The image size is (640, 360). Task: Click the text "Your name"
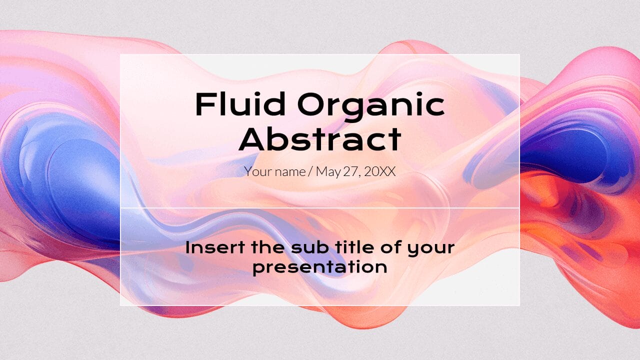[x=274, y=172]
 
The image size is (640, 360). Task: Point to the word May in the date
[x=328, y=172]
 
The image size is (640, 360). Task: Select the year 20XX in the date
[x=379, y=172]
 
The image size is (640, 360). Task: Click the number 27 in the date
[x=351, y=172]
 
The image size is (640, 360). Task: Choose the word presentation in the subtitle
[x=320, y=267]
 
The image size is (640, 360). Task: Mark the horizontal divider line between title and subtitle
[x=320, y=208]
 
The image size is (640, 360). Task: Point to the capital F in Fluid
[x=204, y=104]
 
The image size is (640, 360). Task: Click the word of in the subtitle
[x=392, y=247]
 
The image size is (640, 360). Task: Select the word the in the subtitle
[x=268, y=247]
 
